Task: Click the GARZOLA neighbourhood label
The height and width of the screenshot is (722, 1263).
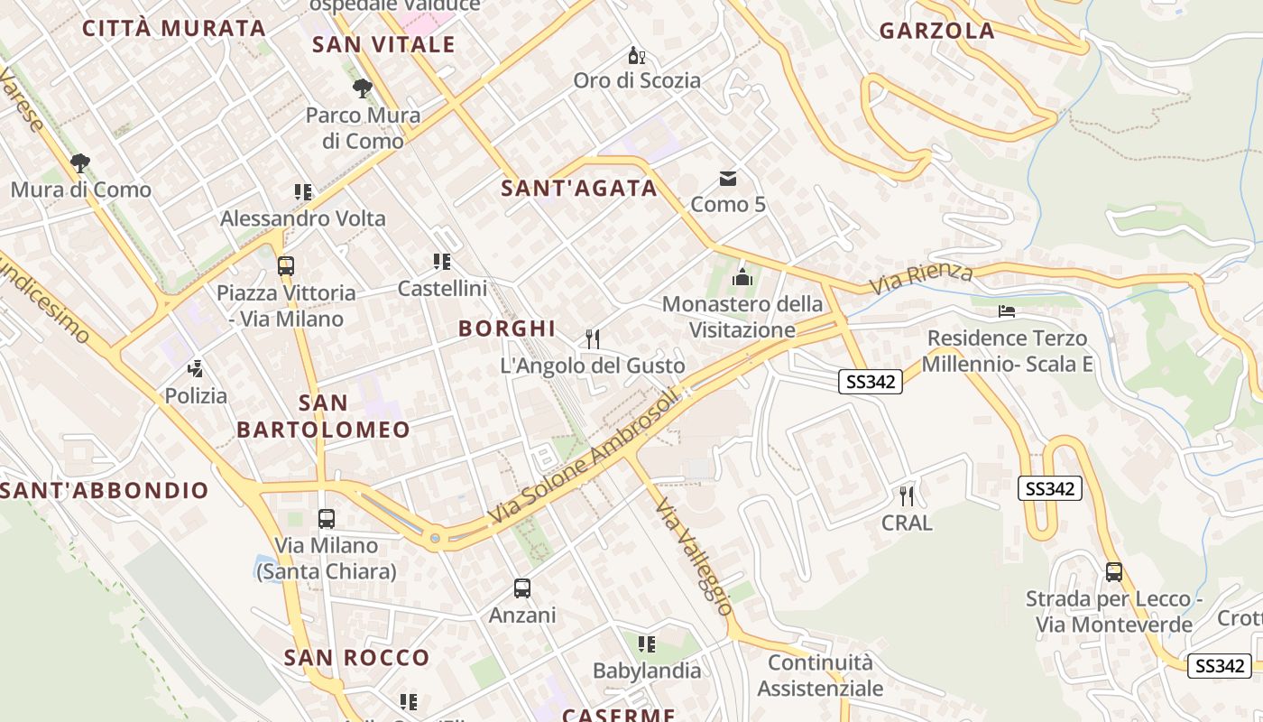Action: coord(936,31)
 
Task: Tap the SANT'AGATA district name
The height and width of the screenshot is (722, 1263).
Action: coord(579,189)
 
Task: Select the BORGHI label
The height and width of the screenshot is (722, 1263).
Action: coord(507,329)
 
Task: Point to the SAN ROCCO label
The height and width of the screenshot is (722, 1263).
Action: coord(357,658)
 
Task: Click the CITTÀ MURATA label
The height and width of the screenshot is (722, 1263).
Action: coord(173,28)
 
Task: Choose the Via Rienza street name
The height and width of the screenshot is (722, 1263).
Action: coord(921,278)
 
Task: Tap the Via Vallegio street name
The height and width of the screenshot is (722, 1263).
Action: coord(693,556)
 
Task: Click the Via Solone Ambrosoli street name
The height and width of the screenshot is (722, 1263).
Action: coord(582,458)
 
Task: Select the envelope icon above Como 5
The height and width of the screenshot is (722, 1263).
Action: coord(727,179)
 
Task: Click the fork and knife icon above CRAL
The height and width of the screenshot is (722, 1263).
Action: coord(907,495)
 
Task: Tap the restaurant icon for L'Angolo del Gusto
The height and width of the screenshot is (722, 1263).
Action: coord(593,339)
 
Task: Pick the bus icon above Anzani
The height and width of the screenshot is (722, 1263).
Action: coord(522,588)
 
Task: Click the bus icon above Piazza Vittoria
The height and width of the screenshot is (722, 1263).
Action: coord(286,266)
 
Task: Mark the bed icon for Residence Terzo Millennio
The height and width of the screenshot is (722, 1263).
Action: coord(1007,311)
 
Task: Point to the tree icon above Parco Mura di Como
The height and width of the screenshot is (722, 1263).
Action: coord(363,88)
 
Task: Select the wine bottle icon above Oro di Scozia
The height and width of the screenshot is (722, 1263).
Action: coord(637,56)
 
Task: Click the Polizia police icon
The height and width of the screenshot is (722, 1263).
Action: coord(196,368)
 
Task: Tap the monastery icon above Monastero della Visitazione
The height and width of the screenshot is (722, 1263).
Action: coord(742,277)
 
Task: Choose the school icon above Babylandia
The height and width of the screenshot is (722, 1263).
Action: coord(647,644)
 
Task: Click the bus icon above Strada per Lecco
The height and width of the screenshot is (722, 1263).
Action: coord(1114,572)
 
